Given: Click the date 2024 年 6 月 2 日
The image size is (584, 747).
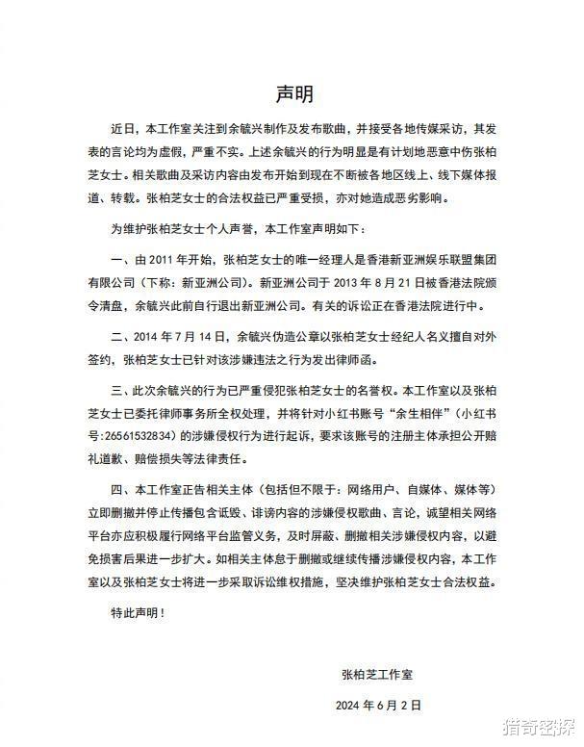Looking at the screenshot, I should (379, 706).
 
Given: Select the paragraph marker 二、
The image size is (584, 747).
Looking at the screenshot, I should (121, 338).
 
